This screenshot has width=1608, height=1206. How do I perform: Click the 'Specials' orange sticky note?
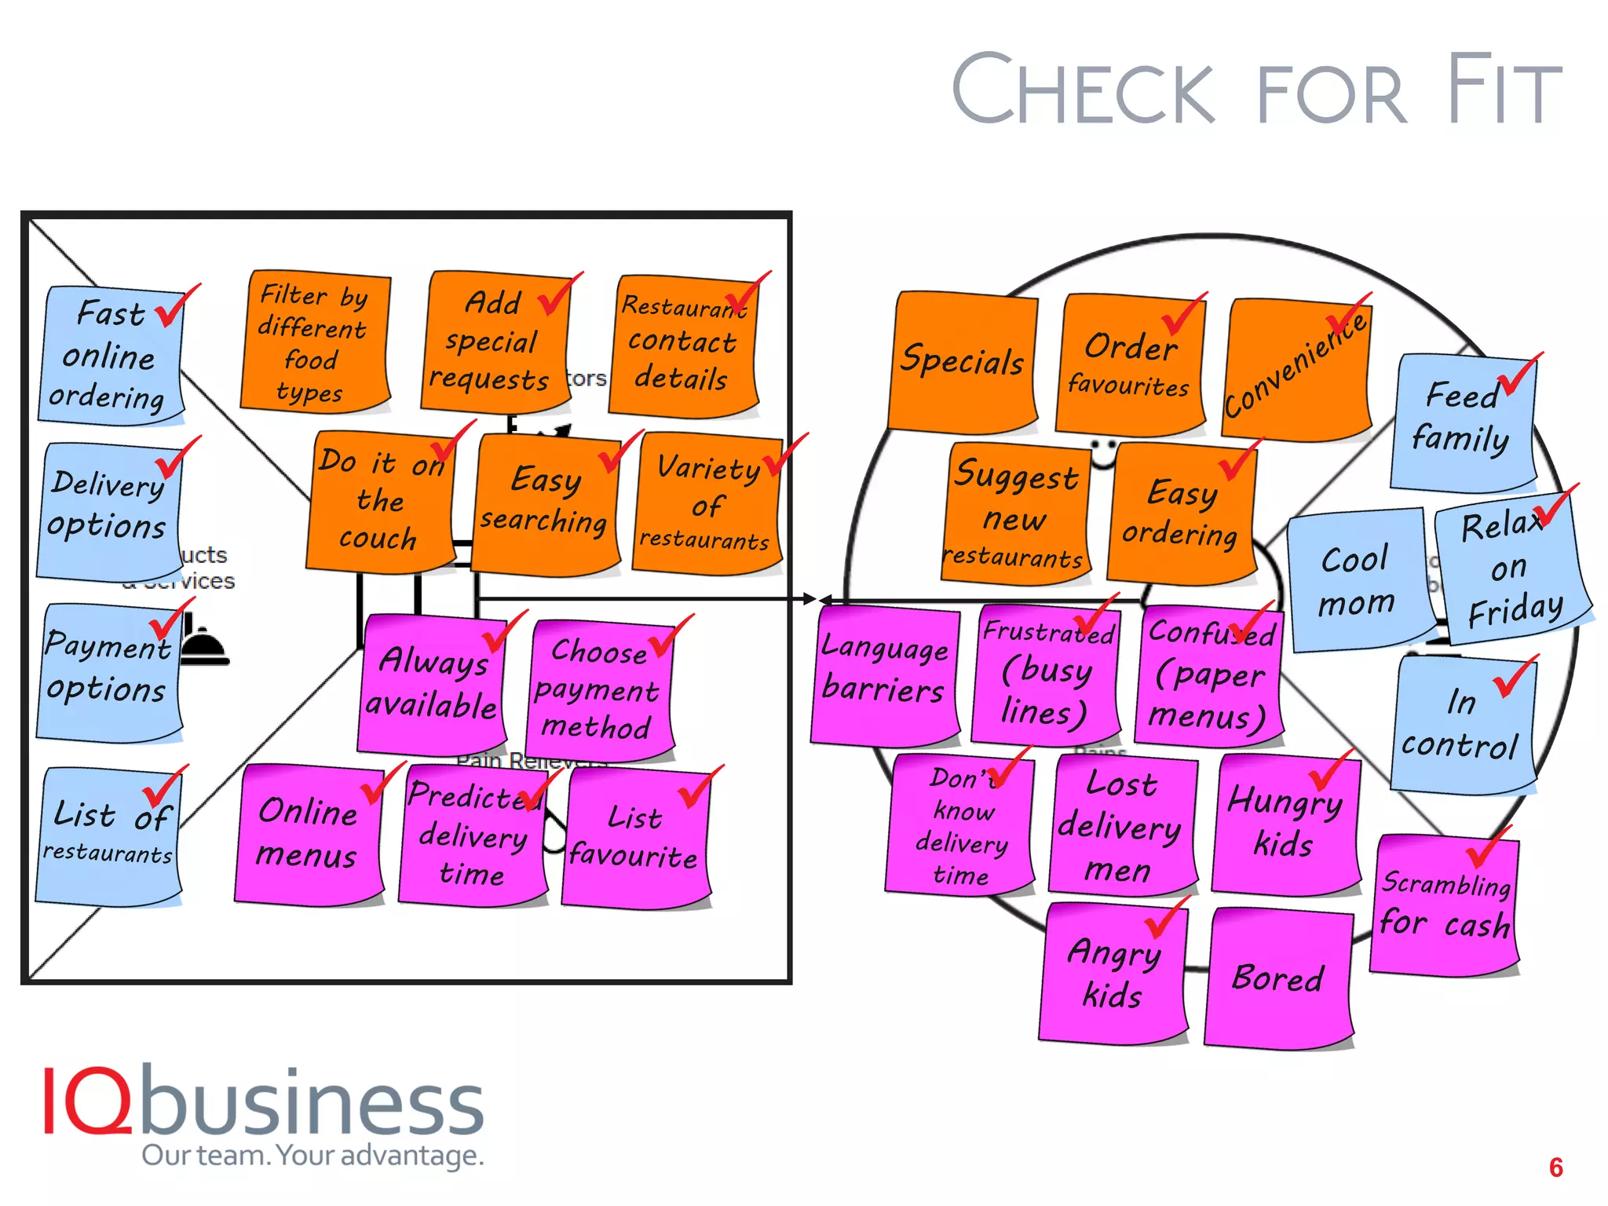(x=963, y=361)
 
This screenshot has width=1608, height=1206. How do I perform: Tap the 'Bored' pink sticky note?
(x=1278, y=978)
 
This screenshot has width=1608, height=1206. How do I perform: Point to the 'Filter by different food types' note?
(x=314, y=342)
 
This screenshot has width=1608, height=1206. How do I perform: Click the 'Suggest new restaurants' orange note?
(x=1016, y=515)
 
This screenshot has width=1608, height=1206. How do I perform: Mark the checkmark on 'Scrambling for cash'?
(x=1486, y=848)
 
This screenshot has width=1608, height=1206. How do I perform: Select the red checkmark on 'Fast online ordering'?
(x=176, y=306)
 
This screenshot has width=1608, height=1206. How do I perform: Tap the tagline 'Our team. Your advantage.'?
(x=312, y=1156)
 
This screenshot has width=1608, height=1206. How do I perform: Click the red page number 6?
(x=1555, y=1168)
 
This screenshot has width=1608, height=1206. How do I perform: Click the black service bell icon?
(x=203, y=644)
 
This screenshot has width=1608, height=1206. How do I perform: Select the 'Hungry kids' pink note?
(x=1285, y=823)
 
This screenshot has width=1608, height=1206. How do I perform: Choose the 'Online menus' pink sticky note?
(x=308, y=834)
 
